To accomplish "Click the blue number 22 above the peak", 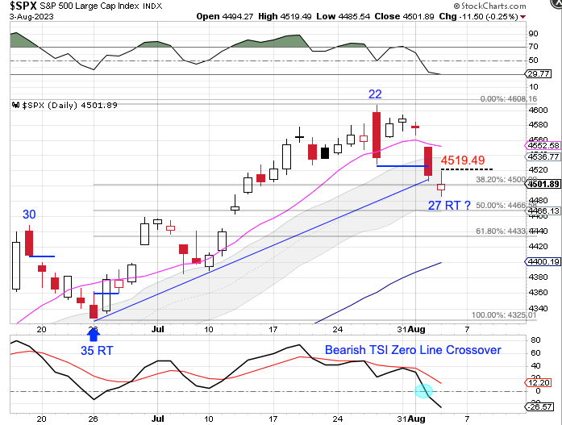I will coord(376,94).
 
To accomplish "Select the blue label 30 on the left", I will coord(29,215).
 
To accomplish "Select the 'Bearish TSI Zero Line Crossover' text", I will coord(413,350).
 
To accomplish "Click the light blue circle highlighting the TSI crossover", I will coord(423,391).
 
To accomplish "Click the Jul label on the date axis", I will coord(157,330).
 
